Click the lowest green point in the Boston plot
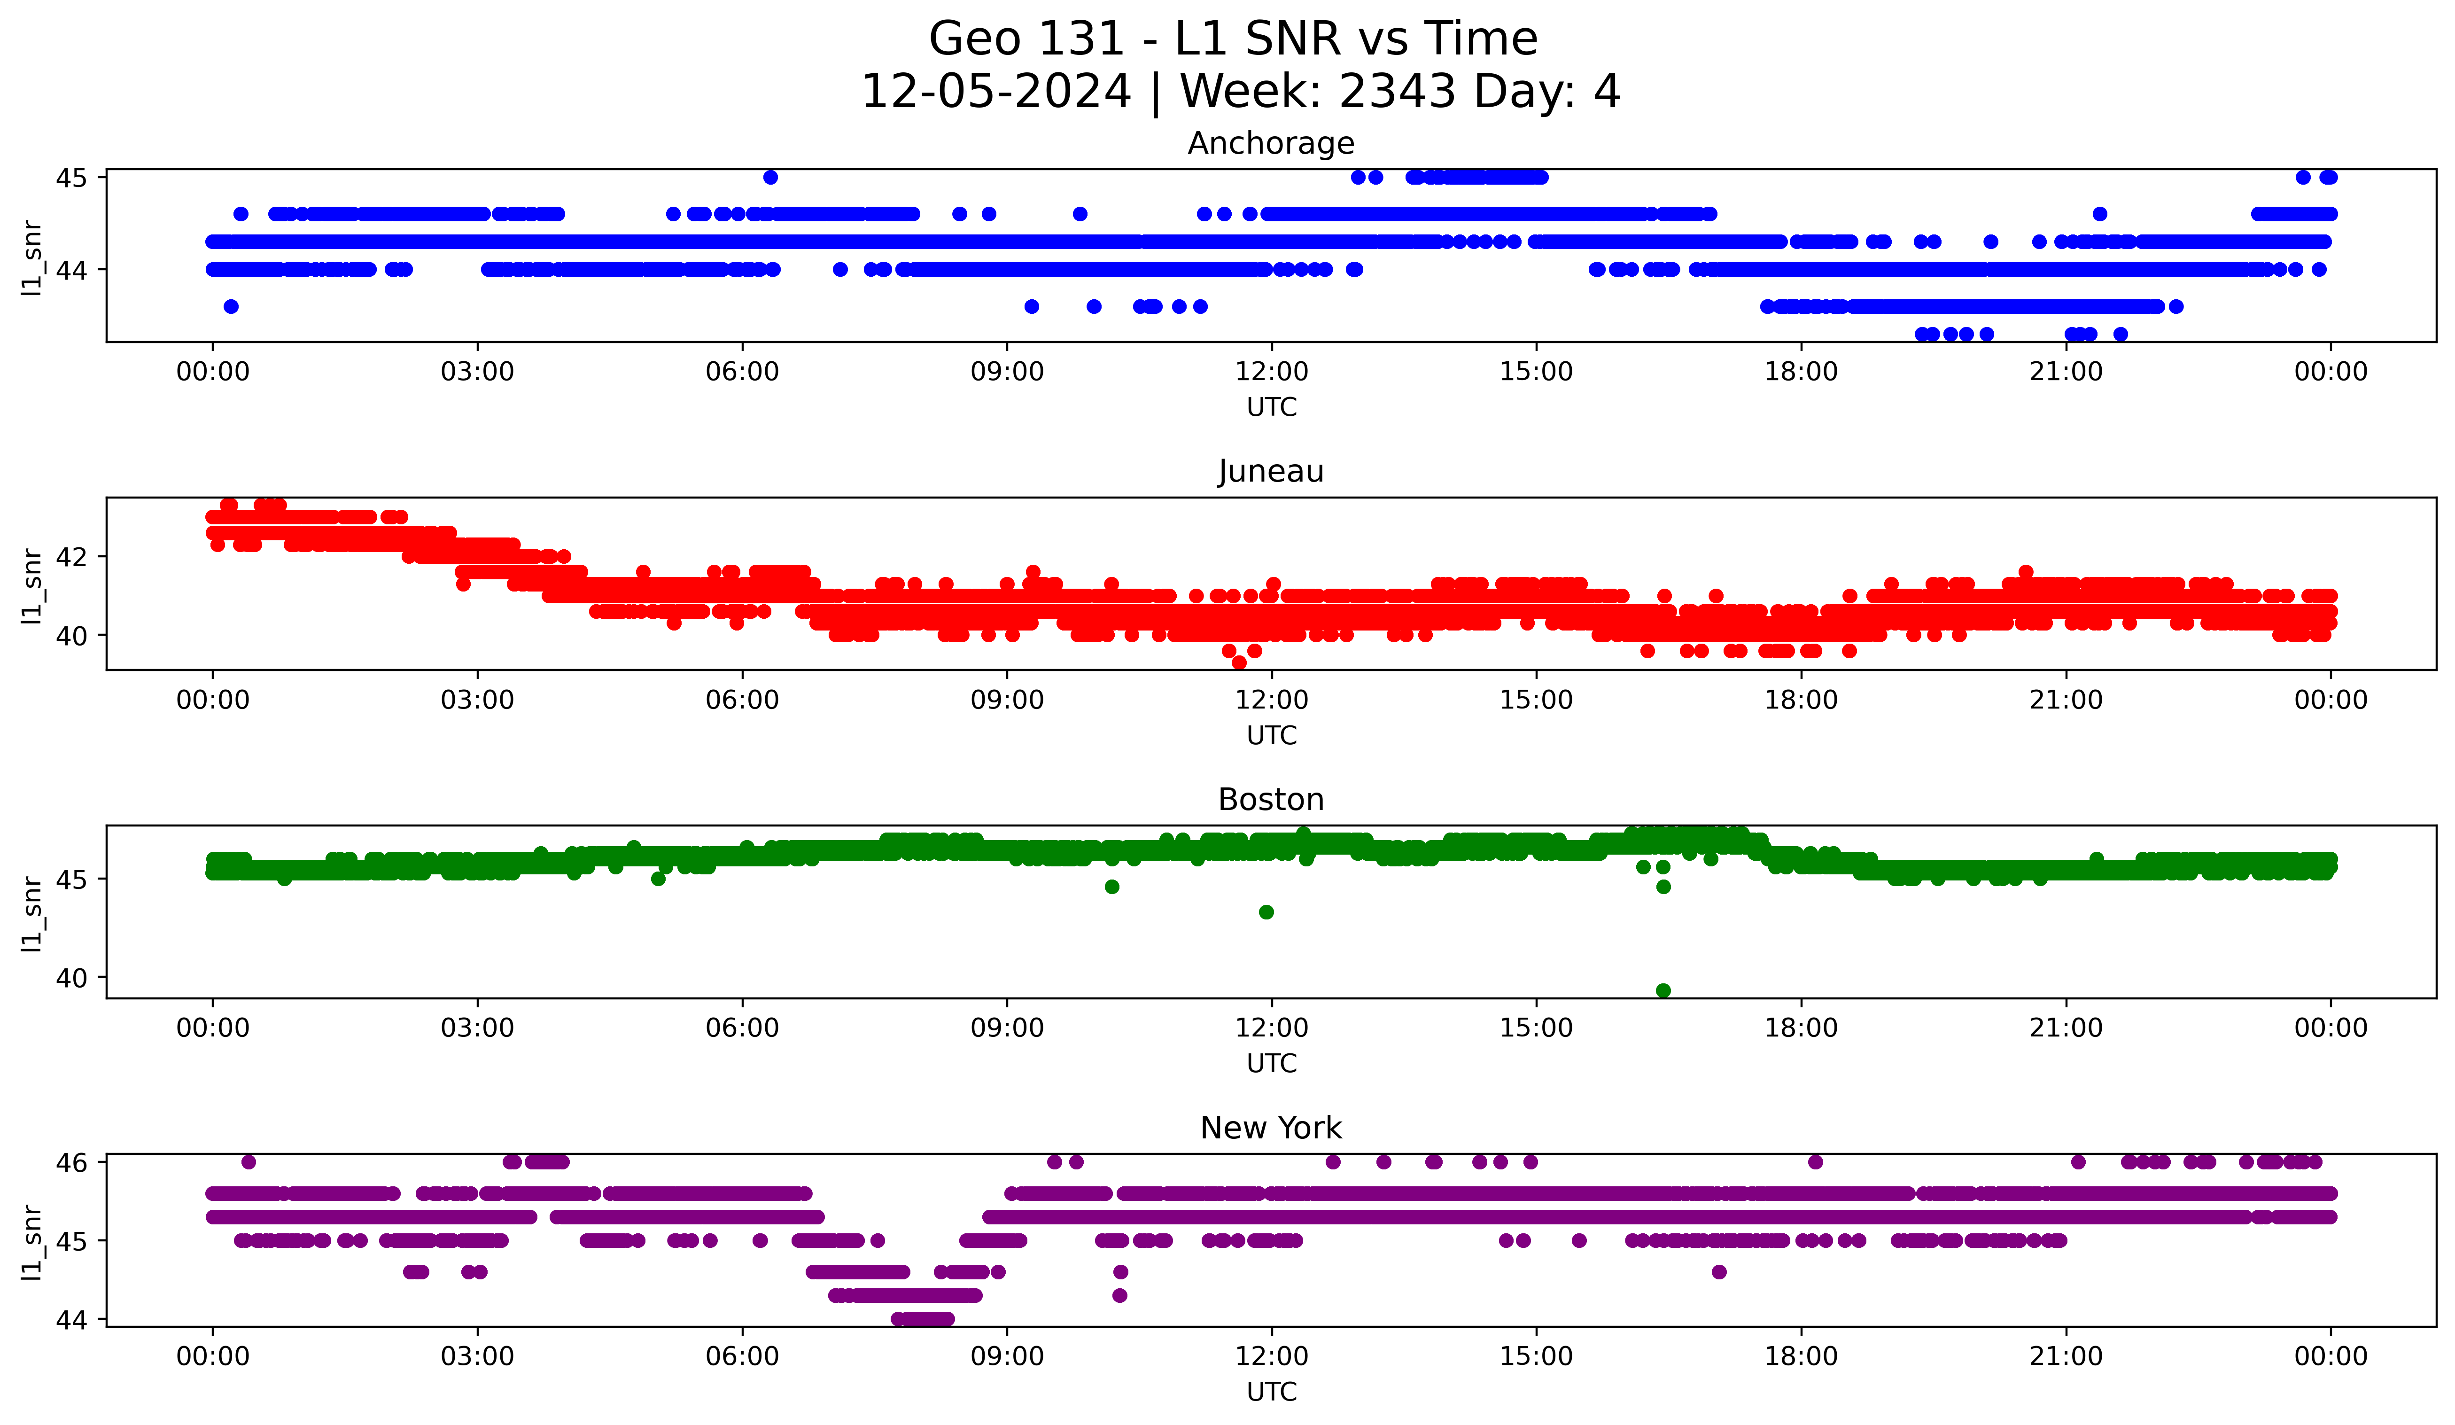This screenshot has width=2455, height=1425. pos(1663,990)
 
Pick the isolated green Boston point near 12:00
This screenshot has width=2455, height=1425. pos(1266,911)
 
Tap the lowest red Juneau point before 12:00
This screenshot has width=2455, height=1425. pos(1239,662)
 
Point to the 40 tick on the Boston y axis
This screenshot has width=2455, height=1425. pos(70,978)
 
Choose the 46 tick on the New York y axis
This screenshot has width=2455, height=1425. pos(70,1162)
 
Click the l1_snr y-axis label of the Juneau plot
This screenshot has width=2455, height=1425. pos(32,584)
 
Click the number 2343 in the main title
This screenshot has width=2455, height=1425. pos(1397,92)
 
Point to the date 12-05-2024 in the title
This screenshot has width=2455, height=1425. pos(995,92)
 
